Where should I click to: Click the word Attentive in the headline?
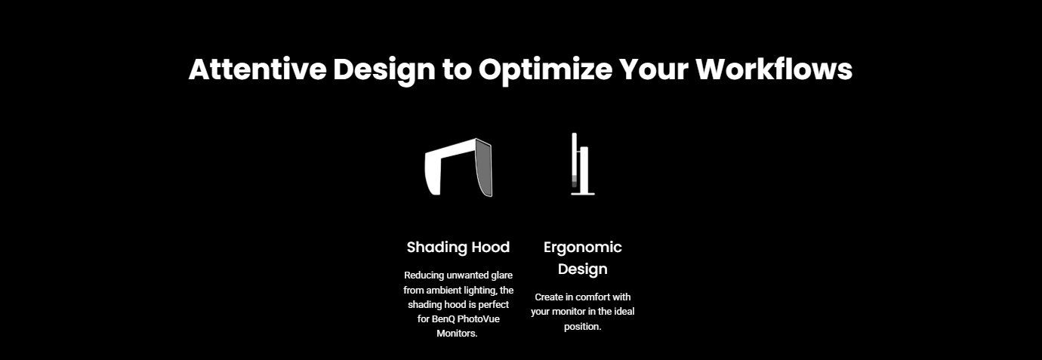click(257, 69)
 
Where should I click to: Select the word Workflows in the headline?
click(774, 69)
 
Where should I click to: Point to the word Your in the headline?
click(654, 69)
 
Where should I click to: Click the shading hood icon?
click(458, 167)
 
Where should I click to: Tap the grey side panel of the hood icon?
click(484, 168)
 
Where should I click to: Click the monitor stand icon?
click(583, 164)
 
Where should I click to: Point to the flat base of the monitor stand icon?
click(583, 193)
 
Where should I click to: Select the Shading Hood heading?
click(458, 247)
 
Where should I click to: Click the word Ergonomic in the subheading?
click(582, 248)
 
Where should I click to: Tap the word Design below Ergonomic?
click(582, 269)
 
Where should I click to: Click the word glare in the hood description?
click(501, 275)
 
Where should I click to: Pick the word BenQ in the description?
click(443, 319)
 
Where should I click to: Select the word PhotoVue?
click(478, 319)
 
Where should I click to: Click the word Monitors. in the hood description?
click(457, 334)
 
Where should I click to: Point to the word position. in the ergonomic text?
click(582, 327)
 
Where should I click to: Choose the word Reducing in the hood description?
click(424, 275)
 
